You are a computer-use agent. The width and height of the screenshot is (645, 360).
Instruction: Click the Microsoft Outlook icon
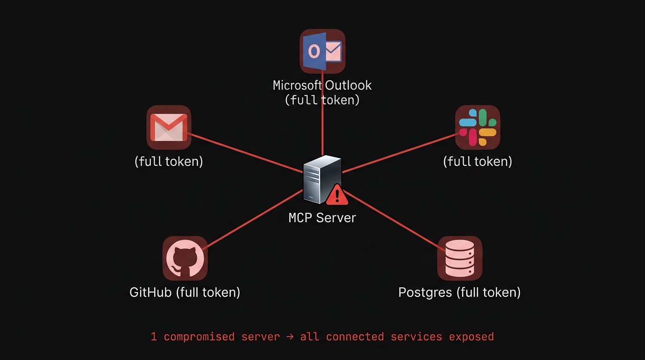coord(322,51)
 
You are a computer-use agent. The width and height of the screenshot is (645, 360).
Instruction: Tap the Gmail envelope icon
coord(169,127)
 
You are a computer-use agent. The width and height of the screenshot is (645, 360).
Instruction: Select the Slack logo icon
coord(478,127)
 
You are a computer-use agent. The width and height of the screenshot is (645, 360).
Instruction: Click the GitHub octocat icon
coord(185,258)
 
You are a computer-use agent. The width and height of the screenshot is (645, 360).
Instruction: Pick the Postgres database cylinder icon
coord(459,258)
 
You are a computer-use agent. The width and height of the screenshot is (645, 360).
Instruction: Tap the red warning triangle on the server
coord(337,195)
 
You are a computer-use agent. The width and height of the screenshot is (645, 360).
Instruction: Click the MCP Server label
coord(322,218)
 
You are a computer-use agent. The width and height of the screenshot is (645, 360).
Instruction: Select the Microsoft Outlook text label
coord(322,85)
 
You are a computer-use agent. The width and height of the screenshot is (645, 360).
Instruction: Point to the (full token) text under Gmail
coord(169,161)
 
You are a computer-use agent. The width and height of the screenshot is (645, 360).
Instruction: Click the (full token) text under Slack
coord(478,161)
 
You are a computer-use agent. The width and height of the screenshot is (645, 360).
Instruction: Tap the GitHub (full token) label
coord(185,292)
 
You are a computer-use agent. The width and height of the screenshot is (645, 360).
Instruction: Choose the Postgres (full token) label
coord(459,292)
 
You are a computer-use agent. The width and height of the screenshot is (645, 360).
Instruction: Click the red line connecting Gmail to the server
coord(244,153)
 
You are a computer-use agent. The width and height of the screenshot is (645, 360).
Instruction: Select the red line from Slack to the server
coord(401,153)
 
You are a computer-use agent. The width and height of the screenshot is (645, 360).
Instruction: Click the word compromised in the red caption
coord(199,337)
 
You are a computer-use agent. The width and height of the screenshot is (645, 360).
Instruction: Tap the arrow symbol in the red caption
coord(290,337)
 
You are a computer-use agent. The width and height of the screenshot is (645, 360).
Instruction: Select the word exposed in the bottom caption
coord(471,337)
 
